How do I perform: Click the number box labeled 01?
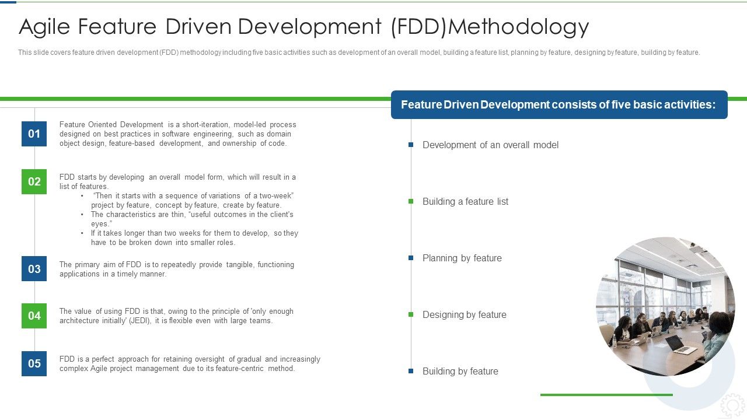tap(34, 134)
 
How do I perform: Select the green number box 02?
tap(34, 181)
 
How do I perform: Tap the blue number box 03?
tap(34, 269)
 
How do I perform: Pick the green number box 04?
tap(34, 316)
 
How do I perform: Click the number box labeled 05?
tap(34, 363)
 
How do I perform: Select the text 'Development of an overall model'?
tap(490, 145)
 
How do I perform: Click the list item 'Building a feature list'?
tap(465, 201)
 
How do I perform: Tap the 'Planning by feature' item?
tap(462, 258)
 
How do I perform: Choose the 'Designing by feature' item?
tap(464, 314)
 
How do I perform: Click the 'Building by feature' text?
tap(460, 371)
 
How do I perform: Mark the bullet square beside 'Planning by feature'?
tap(411, 258)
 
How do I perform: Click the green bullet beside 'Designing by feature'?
tap(411, 314)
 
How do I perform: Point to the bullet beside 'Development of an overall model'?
tap(411, 145)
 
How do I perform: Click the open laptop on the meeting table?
tap(680, 345)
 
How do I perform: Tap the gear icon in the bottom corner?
tap(732, 405)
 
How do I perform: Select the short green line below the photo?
tap(606, 395)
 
